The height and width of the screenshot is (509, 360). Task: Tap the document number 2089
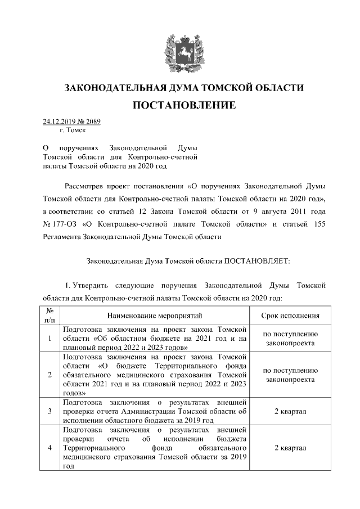93,121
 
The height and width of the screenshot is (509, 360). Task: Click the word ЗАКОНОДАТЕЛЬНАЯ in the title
115,88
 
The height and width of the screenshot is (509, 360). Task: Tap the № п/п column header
50,316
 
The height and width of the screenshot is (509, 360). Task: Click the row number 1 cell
50,339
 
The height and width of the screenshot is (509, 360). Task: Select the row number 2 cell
50,375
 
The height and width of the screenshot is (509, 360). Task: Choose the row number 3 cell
50,411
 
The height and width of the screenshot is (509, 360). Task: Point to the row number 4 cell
50,448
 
